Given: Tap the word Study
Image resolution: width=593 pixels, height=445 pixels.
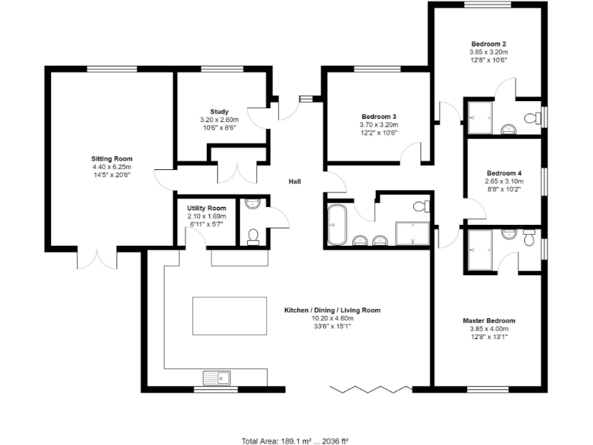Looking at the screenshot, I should click(x=219, y=111).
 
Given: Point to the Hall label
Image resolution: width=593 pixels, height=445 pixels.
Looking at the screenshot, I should click(x=294, y=182).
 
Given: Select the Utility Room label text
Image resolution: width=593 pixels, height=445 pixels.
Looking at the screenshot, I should click(x=206, y=208).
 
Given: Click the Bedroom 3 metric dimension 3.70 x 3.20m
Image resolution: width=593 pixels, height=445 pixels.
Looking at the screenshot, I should click(x=378, y=124).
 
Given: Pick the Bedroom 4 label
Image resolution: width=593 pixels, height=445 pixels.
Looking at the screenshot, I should click(x=504, y=173).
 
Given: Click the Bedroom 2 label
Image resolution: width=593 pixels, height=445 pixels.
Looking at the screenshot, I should click(x=489, y=44).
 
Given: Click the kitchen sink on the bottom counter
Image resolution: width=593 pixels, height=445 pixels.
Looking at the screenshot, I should click(x=217, y=378).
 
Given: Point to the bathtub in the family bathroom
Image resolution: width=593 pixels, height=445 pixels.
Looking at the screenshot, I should click(x=337, y=225).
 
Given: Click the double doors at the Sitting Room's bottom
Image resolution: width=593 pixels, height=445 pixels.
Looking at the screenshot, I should click(x=98, y=259).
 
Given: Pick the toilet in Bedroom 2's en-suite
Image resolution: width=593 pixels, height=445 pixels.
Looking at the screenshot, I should click(x=531, y=118).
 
